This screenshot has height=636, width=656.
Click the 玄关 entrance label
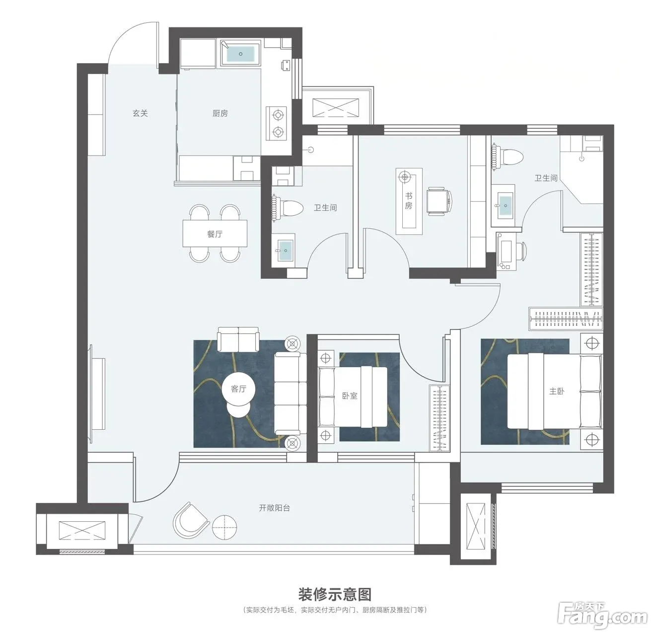(x=140, y=113)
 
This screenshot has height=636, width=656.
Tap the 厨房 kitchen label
(x=220, y=113)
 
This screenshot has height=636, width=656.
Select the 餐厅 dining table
(x=215, y=234)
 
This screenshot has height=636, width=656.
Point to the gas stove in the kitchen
(x=277, y=123)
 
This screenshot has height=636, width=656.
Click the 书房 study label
(x=409, y=201)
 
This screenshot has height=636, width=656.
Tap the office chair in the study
(x=439, y=201)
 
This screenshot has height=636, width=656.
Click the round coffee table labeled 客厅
(x=238, y=389)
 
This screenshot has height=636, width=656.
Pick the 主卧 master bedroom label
(x=557, y=391)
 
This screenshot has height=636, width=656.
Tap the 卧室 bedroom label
(x=350, y=396)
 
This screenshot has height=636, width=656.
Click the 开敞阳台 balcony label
(x=275, y=508)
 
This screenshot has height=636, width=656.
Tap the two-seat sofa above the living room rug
(x=238, y=339)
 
